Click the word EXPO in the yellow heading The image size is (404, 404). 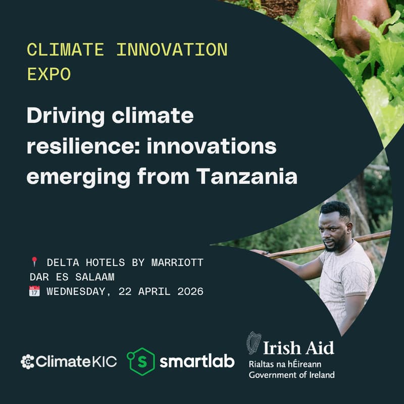(49, 74)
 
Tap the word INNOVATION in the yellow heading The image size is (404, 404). (172, 50)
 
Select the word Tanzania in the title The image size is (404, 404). (246, 177)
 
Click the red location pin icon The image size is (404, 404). (34, 262)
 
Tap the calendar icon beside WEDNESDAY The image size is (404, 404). (34, 291)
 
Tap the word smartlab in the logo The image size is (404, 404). (197, 362)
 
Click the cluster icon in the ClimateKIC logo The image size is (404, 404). (27, 362)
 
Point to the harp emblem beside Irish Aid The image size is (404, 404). (253, 343)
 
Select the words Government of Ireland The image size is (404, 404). (291, 374)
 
